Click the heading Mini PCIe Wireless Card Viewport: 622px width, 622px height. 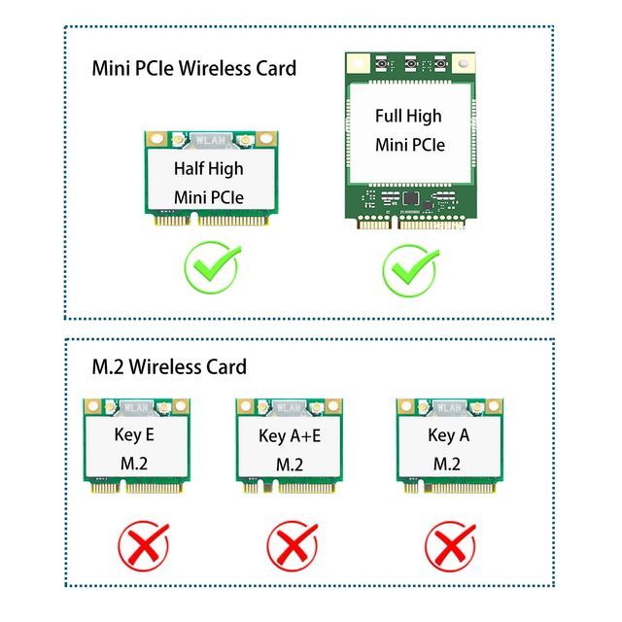pyautogui.click(x=193, y=68)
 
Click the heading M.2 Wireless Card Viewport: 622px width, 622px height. pyautogui.click(x=168, y=366)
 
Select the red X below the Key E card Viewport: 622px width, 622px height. pyautogui.click(x=144, y=544)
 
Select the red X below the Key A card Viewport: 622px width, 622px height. pyautogui.click(x=450, y=544)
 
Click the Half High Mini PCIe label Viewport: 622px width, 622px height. pyautogui.click(x=209, y=183)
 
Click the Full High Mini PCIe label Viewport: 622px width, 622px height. pyautogui.click(x=409, y=130)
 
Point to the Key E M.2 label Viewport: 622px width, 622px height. pyautogui.click(x=135, y=448)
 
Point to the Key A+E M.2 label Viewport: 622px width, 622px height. pyautogui.click(x=290, y=449)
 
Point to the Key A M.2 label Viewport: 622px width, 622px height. pyautogui.click(x=448, y=448)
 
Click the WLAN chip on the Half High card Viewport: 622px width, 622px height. pyautogui.click(x=208, y=139)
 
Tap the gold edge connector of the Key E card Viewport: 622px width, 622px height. pyautogui.click(x=135, y=486)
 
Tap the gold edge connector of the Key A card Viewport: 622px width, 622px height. pyautogui.click(x=449, y=486)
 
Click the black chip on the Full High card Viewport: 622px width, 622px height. pyautogui.click(x=410, y=199)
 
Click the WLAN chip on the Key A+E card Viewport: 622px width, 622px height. pyautogui.click(x=289, y=406)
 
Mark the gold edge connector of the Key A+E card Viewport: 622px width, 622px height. pyautogui.click(x=290, y=486)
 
